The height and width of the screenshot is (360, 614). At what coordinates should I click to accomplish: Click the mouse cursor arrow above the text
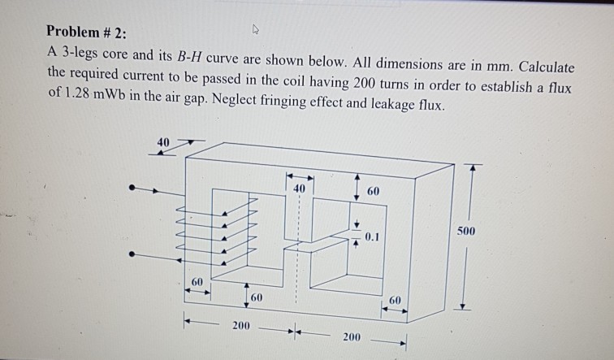(x=254, y=30)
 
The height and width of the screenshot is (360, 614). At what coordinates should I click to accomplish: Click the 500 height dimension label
(x=468, y=232)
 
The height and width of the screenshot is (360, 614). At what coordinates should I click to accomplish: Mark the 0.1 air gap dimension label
(x=372, y=236)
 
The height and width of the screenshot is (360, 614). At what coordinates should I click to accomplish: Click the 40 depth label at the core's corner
(x=163, y=142)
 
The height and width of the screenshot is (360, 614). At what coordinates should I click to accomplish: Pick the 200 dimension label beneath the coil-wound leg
(x=240, y=327)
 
